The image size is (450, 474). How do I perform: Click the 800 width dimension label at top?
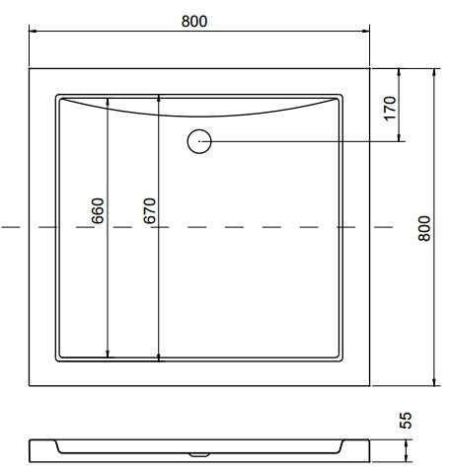194,22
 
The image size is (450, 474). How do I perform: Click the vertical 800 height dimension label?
424,228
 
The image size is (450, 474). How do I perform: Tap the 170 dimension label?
390,109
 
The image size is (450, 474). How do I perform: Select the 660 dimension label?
98,210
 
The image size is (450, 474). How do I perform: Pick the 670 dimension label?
150,210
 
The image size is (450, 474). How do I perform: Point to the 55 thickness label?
406,420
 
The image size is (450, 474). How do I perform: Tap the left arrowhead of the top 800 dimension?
34,32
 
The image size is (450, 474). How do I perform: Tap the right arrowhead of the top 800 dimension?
366,32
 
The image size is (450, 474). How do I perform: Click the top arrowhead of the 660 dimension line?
108,102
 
